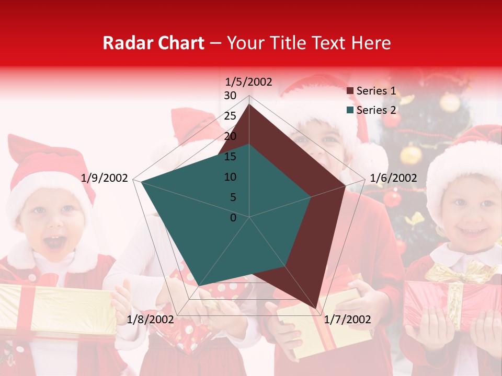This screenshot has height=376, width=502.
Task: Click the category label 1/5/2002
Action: [249, 82]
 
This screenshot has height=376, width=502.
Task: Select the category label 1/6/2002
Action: [393, 179]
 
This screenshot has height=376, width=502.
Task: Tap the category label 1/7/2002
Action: [347, 320]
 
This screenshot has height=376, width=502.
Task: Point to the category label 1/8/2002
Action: [150, 320]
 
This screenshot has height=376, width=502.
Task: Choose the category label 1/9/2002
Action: [105, 179]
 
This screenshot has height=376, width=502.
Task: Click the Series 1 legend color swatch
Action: [350, 91]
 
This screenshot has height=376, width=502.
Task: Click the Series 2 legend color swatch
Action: [350, 111]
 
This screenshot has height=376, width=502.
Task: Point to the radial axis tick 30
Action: [230, 96]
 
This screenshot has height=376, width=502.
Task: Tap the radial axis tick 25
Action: [230, 116]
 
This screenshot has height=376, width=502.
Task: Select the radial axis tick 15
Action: [230, 157]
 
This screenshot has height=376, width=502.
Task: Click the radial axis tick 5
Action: [233, 197]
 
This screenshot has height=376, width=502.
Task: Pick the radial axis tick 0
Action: [233, 218]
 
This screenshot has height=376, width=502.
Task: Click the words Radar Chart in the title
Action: [153, 43]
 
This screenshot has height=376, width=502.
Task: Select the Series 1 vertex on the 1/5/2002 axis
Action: [249, 104]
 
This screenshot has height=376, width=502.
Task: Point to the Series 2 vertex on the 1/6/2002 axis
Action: [311, 197]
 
